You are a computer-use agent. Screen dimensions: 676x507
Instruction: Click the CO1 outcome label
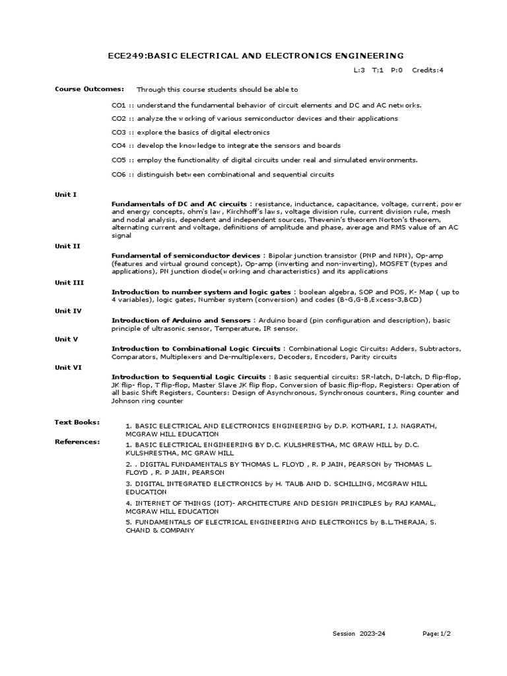click(x=119, y=105)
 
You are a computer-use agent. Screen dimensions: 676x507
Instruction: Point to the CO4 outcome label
click(x=119, y=146)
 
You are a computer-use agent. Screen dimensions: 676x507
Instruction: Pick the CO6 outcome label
click(x=119, y=174)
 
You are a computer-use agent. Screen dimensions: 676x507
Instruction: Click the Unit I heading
click(x=65, y=194)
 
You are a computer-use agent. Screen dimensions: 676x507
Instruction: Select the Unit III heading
click(x=69, y=282)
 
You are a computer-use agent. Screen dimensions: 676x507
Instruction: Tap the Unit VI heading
click(x=68, y=368)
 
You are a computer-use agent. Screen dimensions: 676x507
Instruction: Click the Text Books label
click(x=77, y=421)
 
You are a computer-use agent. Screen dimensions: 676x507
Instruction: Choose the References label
click(x=77, y=442)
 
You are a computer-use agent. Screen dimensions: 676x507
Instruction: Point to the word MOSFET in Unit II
click(x=395, y=263)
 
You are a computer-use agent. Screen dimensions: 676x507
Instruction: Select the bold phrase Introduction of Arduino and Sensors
click(x=181, y=320)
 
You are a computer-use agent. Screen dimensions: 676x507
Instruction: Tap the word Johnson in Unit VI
click(x=126, y=401)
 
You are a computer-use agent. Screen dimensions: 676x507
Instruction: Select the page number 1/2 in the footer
click(x=445, y=634)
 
